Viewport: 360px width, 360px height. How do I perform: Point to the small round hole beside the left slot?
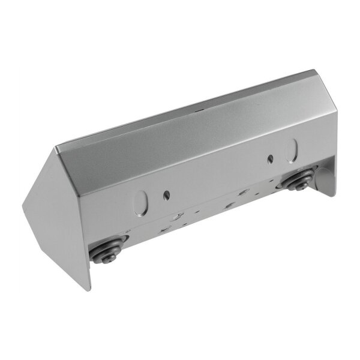pos(166,195)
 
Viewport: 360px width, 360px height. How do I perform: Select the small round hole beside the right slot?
pos(270,159)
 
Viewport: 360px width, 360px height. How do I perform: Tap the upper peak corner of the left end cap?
pos(57,148)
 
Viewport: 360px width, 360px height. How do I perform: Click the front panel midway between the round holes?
pos(219,180)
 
